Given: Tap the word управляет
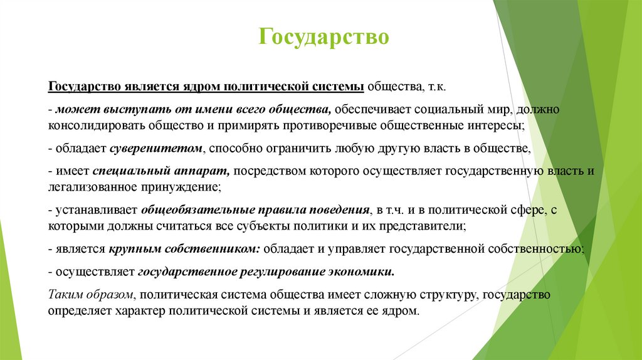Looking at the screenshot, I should pyautogui.click(x=360, y=249).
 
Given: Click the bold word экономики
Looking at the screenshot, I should pyautogui.click(x=369, y=272).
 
